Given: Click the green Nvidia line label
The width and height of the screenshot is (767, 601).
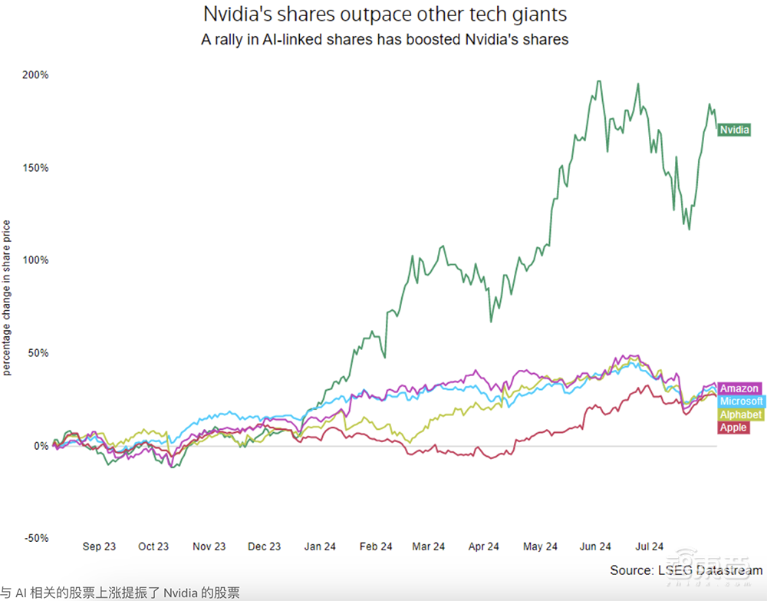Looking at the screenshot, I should coord(734,130).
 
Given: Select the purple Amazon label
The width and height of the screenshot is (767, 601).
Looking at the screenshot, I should coord(739,389).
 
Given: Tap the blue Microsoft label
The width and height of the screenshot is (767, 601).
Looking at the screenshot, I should coord(742,401).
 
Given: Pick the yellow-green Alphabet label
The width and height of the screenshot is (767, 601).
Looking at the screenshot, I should coord(740,414).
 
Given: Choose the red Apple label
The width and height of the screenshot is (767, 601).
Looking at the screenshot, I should coord(733,428).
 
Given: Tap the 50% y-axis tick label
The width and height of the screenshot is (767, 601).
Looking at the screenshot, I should coord(38,353).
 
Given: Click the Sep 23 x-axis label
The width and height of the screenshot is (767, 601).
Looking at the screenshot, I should coord(99,547).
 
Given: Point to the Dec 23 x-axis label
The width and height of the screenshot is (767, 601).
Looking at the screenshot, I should coord(265,547).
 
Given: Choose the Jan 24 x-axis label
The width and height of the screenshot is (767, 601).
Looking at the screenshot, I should coord(320,547).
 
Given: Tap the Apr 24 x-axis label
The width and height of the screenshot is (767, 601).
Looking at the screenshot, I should coord(484,547).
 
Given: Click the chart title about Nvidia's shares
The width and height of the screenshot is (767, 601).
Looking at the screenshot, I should coord(384,15).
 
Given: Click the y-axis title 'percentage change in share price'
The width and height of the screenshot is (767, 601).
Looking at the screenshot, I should coord(7,298).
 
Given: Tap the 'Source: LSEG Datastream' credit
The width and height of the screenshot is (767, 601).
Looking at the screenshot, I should coord(686,570).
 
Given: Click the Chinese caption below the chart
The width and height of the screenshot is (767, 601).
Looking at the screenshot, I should coord(120,593).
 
